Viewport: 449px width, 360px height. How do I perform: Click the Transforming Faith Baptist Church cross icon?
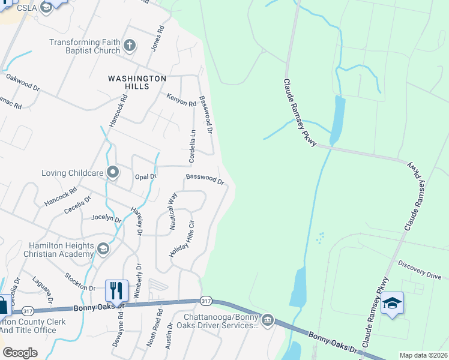129,45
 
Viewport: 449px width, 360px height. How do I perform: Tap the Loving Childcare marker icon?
113,173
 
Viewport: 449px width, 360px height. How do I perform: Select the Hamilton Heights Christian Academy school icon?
103,249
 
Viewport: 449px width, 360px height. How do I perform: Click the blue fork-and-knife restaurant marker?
116,290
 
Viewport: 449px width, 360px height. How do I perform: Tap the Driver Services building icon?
268,320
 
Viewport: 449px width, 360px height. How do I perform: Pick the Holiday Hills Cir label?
182,239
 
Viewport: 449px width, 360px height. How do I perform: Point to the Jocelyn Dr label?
106,218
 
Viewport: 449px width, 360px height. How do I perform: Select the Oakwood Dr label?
22,82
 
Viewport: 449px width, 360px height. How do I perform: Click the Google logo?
20,352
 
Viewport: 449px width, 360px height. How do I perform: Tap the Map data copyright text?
423,355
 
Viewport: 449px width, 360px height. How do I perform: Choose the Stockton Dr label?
80,282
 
